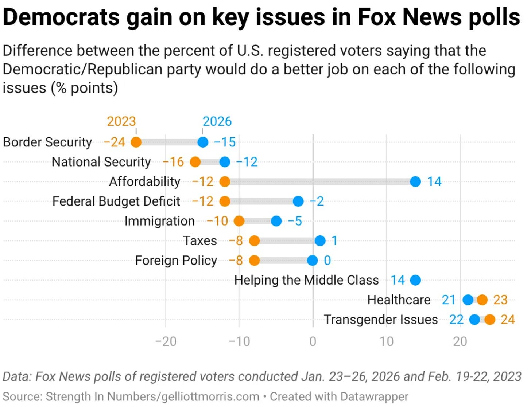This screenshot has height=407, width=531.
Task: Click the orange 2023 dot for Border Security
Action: coord(136,142)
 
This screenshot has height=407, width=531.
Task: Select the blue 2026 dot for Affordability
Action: coord(415,181)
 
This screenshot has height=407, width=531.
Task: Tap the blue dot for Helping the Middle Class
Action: coord(415,280)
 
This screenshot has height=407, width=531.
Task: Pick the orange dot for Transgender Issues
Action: coord(490,320)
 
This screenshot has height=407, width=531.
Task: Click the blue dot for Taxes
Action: coord(320,240)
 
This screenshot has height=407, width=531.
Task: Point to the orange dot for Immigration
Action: coord(239,221)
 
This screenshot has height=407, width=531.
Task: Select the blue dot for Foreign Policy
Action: coord(313,261)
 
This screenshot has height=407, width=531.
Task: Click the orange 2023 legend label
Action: coord(121,121)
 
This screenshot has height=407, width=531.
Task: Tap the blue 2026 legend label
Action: coord(217,121)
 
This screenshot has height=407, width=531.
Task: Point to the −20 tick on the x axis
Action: coord(166,341)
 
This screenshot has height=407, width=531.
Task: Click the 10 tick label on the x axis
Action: coord(386,341)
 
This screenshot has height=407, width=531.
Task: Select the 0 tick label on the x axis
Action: coord(313,341)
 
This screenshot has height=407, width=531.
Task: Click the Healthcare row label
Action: coord(399,300)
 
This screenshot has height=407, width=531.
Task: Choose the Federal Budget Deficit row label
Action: coord(116,201)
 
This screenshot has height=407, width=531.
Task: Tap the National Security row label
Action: coord(101,162)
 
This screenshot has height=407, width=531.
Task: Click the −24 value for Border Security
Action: coord(114,142)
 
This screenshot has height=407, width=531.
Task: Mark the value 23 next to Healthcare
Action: coord(500,300)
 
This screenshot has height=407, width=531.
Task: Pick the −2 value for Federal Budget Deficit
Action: coord(317,201)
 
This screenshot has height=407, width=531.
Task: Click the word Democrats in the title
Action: coord(61,17)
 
